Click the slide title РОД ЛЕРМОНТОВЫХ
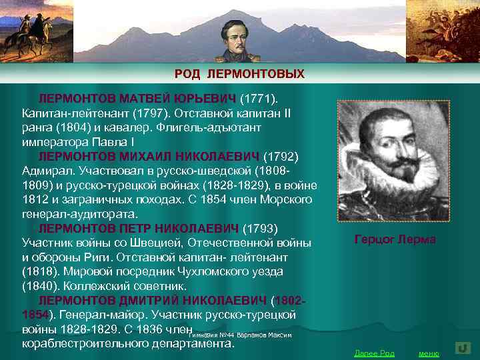tap(239, 73)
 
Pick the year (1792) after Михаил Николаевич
tap(281, 157)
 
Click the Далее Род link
tap(374, 353)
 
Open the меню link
tap(428, 353)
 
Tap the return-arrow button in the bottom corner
tap(463, 348)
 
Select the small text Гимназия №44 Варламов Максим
tap(241, 335)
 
